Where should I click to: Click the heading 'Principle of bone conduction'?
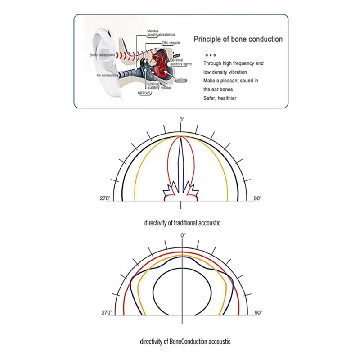pos(238,39)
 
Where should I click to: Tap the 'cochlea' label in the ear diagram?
pos(181,80)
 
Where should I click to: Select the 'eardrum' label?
pos(144,93)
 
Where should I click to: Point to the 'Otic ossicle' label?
pos(171,43)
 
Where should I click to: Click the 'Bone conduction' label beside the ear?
pos(102,55)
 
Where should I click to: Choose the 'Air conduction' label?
pos(107,75)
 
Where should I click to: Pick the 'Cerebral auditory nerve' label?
pos(181,62)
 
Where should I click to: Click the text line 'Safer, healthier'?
pos(220,98)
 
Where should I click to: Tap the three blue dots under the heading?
pos(211,55)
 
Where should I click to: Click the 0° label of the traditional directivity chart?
pos(182,120)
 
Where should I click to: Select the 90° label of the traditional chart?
pos(257,198)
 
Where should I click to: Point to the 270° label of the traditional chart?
pos(105,198)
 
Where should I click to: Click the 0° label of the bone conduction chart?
pos(183,235)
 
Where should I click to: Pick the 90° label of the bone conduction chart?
pos(258,312)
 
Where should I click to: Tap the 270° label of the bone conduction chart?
pos(107,312)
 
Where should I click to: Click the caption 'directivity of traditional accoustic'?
pos(182,223)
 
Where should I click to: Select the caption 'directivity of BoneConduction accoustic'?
pos(185,342)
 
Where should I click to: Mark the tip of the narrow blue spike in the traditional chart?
pos(181,138)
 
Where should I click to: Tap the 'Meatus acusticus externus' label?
pos(161,32)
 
